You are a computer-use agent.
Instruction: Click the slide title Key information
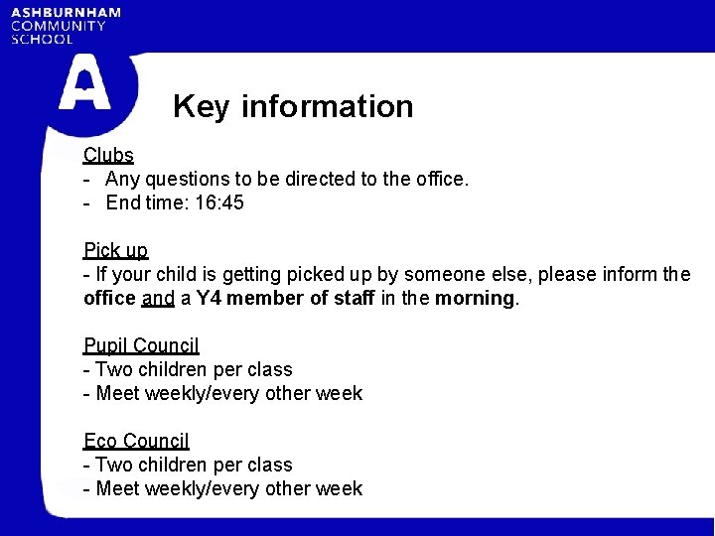[293, 106]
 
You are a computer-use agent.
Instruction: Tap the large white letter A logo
[84, 83]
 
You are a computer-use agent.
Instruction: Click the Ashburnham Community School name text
[66, 26]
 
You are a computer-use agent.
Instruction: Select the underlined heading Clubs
[108, 155]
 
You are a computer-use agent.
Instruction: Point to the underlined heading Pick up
[115, 250]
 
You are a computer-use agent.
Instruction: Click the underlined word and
[158, 298]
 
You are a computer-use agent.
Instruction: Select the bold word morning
[475, 298]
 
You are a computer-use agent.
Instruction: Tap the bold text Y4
[209, 298]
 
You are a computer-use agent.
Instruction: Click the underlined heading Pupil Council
[141, 345]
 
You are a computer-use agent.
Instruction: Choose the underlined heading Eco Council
[136, 441]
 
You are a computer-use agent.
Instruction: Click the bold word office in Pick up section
[109, 298]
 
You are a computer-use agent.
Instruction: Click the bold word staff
[351, 298]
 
